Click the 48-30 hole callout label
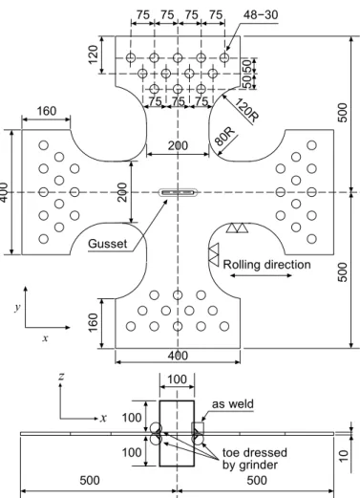[x=261, y=14]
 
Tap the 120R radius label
[x=246, y=110]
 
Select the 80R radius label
[x=224, y=137]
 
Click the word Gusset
[x=108, y=244]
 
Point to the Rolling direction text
[x=266, y=265]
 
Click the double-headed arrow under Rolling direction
[x=261, y=275]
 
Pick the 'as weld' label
[x=233, y=404]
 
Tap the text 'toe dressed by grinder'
[x=254, y=459]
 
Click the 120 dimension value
[x=94, y=54]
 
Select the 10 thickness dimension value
[x=343, y=456]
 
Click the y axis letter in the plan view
[x=17, y=307]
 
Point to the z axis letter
[x=61, y=377]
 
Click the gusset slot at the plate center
[x=178, y=192]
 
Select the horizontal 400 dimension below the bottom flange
[x=178, y=356]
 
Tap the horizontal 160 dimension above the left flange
[x=47, y=111]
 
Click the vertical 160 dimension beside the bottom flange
[x=94, y=322]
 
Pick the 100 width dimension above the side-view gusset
[x=177, y=379]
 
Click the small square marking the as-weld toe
[x=198, y=428]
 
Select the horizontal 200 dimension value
[x=178, y=145]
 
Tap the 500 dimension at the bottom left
[x=90, y=480]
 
